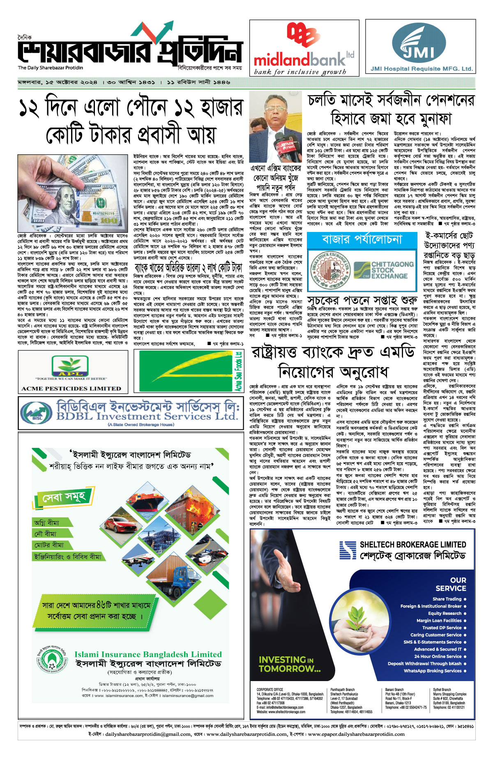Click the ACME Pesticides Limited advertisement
point(73,372)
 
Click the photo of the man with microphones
point(275,128)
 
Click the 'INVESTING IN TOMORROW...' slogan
point(290,664)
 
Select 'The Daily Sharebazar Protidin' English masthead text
point(50,68)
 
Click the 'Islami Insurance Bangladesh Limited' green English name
point(148,654)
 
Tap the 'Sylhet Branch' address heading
point(442,690)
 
